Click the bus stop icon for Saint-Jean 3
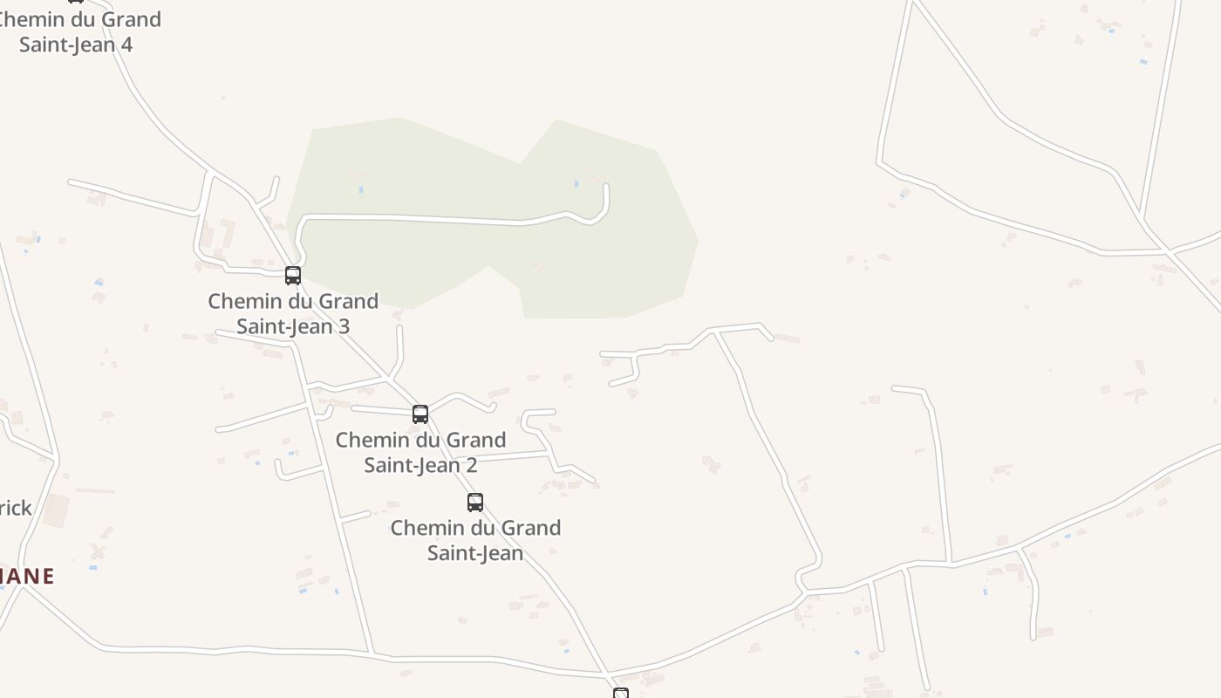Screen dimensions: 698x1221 (x=293, y=276)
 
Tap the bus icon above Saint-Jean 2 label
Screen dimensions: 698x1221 (x=420, y=414)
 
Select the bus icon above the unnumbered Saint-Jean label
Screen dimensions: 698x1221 (x=475, y=503)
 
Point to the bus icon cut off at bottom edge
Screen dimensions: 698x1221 (x=621, y=694)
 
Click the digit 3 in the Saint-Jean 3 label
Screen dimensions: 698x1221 (x=344, y=326)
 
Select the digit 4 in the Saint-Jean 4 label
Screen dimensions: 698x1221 (x=126, y=44)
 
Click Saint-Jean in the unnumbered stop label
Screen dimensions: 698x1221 (x=475, y=553)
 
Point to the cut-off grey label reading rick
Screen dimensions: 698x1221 (x=16, y=508)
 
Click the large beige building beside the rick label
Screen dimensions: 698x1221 (x=56, y=510)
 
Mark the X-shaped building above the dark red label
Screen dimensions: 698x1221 (x=98, y=551)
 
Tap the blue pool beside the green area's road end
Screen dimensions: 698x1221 (x=576, y=184)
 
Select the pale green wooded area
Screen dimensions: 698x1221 (x=610, y=262)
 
